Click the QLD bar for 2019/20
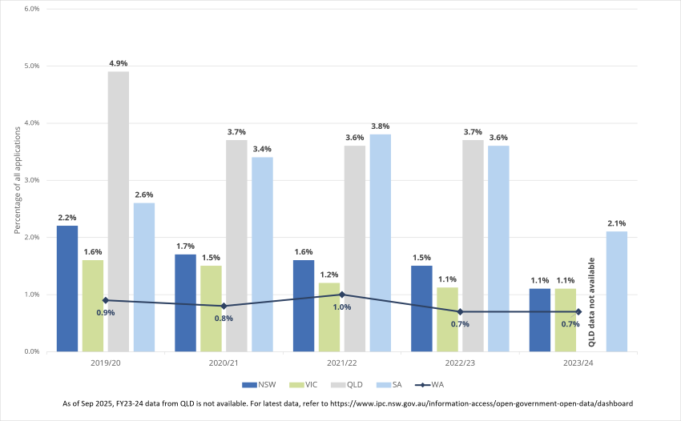coord(119,211)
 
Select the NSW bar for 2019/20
coord(67,288)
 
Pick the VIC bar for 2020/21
coord(211,308)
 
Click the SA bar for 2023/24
coord(616,291)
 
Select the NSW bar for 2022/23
coord(421,308)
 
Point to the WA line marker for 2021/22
coord(342,295)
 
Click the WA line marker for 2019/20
coord(106,300)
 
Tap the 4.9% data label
coord(119,63)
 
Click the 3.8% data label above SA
coord(380,126)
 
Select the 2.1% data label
coord(616,223)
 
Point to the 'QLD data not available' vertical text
coord(592,302)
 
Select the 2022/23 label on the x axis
coord(460,364)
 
